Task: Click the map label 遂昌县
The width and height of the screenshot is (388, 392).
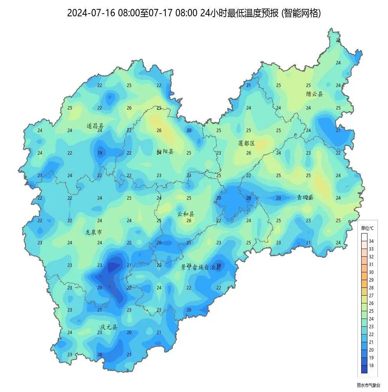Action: (x=95, y=126)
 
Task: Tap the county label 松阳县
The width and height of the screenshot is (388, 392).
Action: (x=165, y=152)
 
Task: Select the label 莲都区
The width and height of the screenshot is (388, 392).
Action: (x=246, y=143)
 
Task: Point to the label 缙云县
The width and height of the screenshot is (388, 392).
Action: (x=314, y=94)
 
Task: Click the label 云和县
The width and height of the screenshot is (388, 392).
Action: (x=186, y=214)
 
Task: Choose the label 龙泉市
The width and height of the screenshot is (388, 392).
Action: (x=94, y=232)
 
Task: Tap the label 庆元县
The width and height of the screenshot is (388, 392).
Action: (x=109, y=327)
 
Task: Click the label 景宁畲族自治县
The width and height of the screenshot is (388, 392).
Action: (x=201, y=267)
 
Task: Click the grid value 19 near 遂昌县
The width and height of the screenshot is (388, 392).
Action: (x=100, y=153)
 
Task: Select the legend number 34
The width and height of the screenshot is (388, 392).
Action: (x=371, y=241)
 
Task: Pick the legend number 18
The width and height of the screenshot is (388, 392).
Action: (x=371, y=366)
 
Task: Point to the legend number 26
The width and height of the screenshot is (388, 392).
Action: (x=371, y=303)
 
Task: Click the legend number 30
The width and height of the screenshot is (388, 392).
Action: (x=371, y=272)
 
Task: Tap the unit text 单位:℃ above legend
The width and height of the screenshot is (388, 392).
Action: (x=367, y=228)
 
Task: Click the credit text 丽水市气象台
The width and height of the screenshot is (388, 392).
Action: (x=369, y=385)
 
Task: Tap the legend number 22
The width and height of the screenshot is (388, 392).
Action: (x=371, y=335)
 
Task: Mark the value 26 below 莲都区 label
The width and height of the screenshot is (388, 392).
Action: (x=249, y=153)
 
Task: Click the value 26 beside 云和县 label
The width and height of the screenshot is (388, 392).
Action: (x=189, y=221)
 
